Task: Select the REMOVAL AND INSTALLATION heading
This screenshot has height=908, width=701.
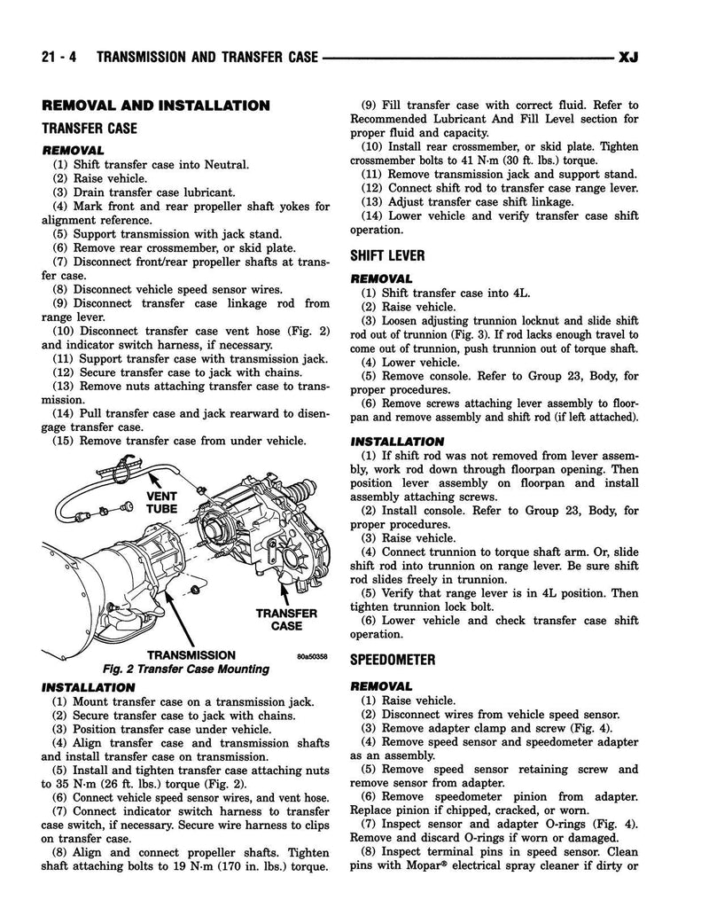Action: coord(156,106)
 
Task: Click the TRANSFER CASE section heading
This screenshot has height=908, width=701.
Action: coord(90,129)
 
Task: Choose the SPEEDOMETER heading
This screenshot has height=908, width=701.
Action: coord(393,660)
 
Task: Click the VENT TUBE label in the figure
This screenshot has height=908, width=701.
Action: coord(163,503)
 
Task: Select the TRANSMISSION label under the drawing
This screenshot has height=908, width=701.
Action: coord(191,656)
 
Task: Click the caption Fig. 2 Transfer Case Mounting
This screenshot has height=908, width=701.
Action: coord(174,669)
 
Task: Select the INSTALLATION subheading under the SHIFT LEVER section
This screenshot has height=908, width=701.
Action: coord(398,441)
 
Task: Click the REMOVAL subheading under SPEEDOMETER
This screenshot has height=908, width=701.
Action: coord(382,685)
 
